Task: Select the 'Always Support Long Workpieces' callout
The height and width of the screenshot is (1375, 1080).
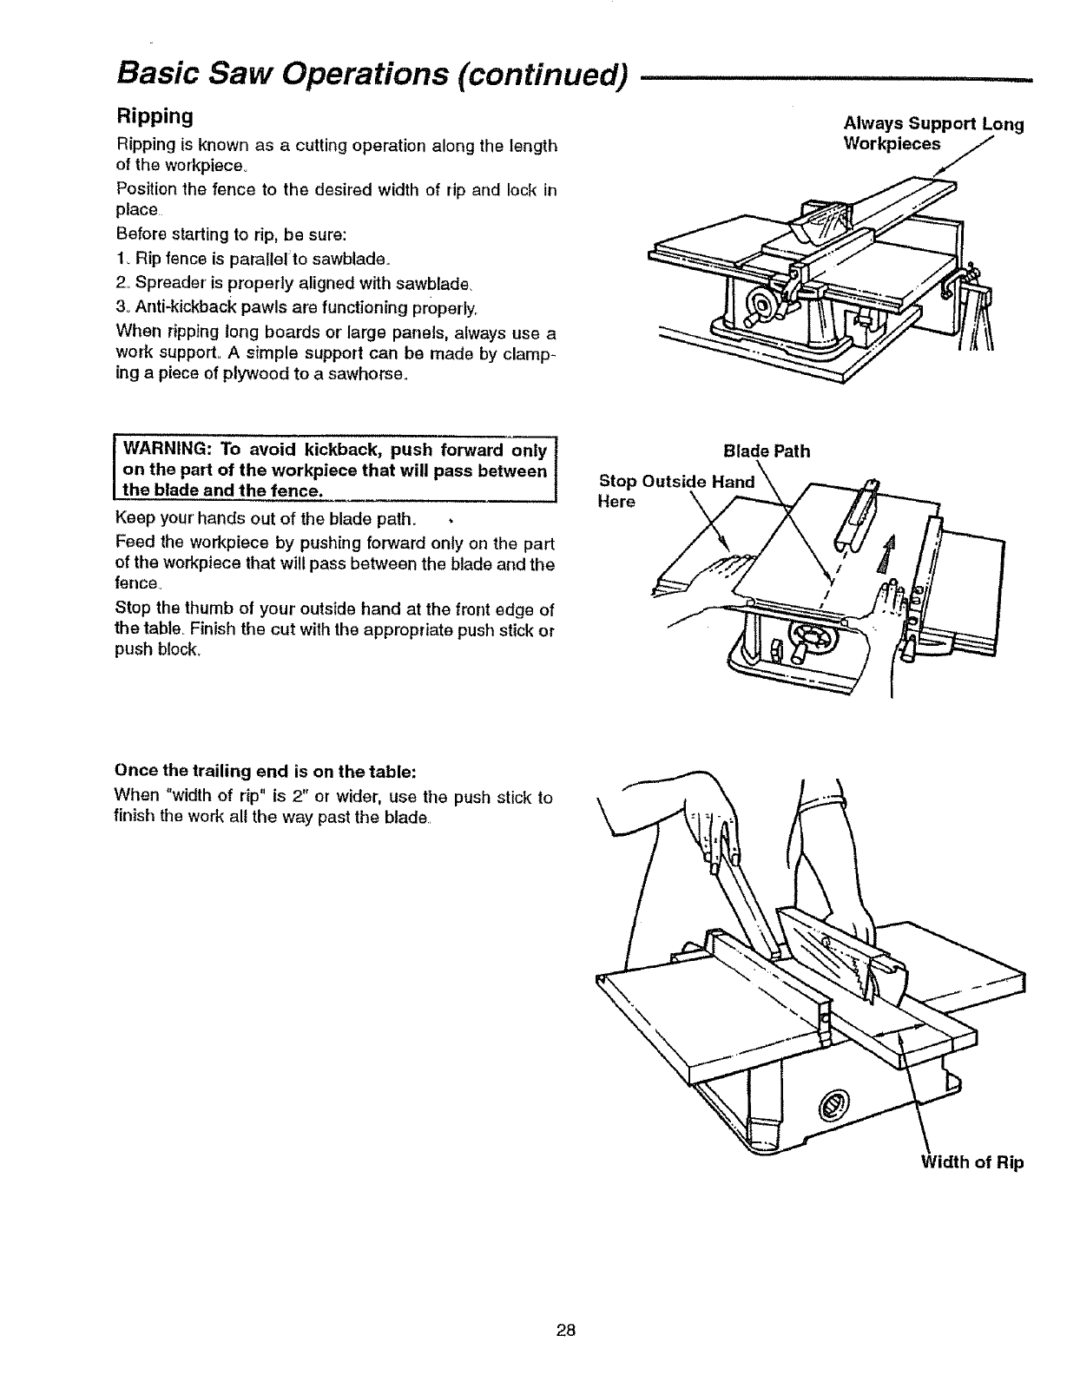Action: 933,133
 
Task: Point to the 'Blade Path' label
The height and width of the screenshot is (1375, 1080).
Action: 767,451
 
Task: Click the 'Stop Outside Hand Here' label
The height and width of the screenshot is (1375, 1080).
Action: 677,491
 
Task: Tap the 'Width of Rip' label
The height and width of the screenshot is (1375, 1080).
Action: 972,1162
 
